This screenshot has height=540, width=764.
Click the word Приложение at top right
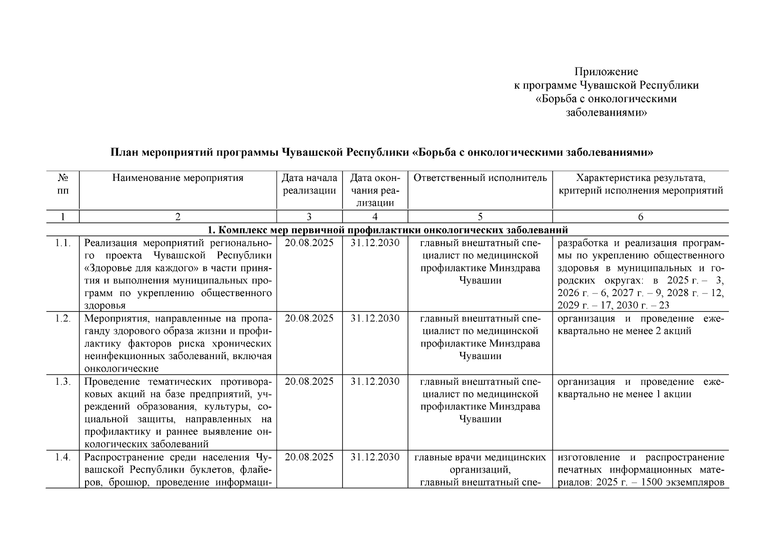pyautogui.click(x=606, y=72)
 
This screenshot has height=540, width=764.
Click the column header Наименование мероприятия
pyautogui.click(x=178, y=178)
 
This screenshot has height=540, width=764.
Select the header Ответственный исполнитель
pyautogui.click(x=480, y=178)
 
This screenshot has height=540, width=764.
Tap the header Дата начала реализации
pyautogui.click(x=309, y=184)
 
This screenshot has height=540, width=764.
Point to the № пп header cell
pyautogui.click(x=63, y=184)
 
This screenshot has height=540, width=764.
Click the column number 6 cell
pyautogui.click(x=640, y=217)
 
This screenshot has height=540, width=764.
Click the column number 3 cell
pyautogui.click(x=309, y=217)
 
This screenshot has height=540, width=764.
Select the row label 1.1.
pyautogui.click(x=63, y=243)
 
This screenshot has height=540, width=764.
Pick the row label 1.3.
pyautogui.click(x=63, y=382)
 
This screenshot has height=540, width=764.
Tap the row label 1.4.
pyautogui.click(x=63, y=458)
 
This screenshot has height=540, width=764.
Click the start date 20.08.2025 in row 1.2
pyautogui.click(x=309, y=319)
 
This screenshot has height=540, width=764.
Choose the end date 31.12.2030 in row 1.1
pyautogui.click(x=375, y=243)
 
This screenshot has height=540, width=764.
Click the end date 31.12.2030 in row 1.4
pyautogui.click(x=375, y=457)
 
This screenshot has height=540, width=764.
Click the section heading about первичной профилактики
pyautogui.click(x=387, y=230)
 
